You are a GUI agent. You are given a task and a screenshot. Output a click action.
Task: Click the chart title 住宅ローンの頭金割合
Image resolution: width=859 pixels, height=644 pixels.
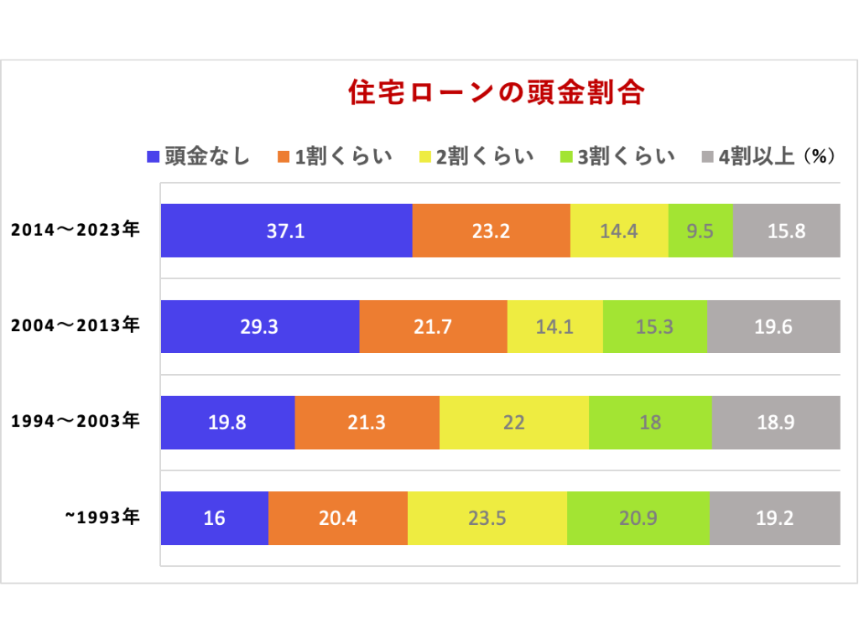(x=496, y=92)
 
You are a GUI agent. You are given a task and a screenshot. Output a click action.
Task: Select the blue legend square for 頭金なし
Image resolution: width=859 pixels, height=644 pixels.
(x=153, y=157)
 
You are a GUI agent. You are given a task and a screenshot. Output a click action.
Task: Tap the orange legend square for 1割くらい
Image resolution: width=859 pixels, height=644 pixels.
(x=283, y=157)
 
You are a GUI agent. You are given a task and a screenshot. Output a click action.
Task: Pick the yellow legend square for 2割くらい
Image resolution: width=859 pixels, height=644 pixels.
(x=424, y=157)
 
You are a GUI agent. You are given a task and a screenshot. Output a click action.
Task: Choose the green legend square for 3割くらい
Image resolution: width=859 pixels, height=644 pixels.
(x=565, y=157)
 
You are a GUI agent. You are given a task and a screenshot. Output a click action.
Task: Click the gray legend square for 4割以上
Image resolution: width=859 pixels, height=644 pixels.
(x=706, y=157)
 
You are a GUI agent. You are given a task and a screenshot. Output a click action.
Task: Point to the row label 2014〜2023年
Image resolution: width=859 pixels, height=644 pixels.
(x=75, y=231)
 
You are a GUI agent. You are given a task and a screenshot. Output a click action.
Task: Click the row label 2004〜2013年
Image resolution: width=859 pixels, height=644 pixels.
(x=75, y=326)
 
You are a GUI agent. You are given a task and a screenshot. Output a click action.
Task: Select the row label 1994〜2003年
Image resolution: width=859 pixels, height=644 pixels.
(x=75, y=422)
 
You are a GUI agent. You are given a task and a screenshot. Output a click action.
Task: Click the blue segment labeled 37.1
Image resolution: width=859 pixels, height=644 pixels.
(x=286, y=231)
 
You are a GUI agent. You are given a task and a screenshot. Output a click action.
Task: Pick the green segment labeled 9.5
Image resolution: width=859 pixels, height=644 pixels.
(x=700, y=231)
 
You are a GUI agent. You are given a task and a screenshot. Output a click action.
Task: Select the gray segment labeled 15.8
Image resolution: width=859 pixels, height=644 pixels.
(x=786, y=231)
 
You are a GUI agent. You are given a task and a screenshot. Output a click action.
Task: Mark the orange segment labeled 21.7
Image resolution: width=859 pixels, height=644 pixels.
(x=433, y=326)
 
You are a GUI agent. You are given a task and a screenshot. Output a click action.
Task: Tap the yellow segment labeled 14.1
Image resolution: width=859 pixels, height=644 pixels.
(x=554, y=326)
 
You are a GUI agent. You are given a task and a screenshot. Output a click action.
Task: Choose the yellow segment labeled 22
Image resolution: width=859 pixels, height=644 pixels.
(x=513, y=422)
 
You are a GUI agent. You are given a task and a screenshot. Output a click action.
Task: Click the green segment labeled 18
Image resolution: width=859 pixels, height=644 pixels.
(x=650, y=422)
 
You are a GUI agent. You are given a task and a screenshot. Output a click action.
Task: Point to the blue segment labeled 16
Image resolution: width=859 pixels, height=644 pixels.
(x=214, y=517)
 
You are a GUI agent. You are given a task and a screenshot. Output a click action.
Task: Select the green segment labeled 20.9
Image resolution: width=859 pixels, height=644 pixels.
(x=638, y=517)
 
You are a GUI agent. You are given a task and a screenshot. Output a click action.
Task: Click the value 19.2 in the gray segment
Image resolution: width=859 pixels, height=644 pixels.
(x=774, y=517)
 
